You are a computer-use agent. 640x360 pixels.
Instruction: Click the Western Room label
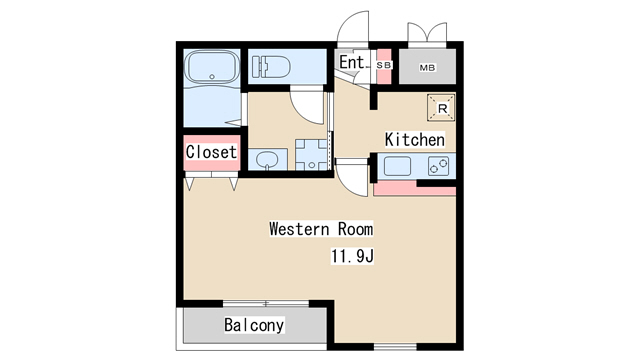[321, 229]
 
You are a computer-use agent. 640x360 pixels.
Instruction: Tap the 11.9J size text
[352, 256]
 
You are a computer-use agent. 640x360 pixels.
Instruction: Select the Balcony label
[254, 325]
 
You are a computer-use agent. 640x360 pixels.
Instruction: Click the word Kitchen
[415, 140]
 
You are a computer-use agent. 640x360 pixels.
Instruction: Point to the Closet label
[211, 152]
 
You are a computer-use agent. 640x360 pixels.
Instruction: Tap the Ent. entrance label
[352, 62]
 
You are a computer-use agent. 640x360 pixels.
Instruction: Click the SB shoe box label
[384, 65]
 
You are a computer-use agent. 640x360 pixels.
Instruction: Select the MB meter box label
[427, 68]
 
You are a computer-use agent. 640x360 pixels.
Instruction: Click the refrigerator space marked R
[441, 108]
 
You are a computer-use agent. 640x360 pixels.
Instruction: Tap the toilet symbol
[271, 67]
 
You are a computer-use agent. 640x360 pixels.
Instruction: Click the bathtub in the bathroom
[211, 67]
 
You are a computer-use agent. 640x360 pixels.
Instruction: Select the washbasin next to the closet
[267, 160]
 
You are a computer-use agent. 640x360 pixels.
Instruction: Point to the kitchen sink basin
[397, 166]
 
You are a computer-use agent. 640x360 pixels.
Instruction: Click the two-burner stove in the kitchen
[438, 166]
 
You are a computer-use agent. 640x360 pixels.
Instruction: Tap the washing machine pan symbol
[312, 155]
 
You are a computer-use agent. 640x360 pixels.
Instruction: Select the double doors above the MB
[427, 33]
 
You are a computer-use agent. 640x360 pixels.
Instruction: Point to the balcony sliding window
[266, 303]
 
